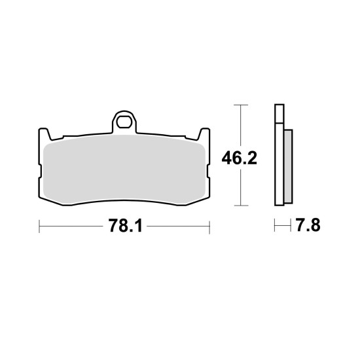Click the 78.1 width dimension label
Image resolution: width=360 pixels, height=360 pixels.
126,226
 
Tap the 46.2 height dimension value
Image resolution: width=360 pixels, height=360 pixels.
239,158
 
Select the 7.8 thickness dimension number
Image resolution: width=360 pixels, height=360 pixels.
308,225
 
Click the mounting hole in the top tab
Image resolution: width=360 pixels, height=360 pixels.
124,122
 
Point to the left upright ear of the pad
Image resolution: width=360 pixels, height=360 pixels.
44,134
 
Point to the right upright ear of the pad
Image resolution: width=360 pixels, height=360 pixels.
204,134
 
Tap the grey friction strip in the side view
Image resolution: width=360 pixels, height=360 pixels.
288,166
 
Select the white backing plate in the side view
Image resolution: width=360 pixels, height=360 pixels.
279,155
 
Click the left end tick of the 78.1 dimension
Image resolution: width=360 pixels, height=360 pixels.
39,226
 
